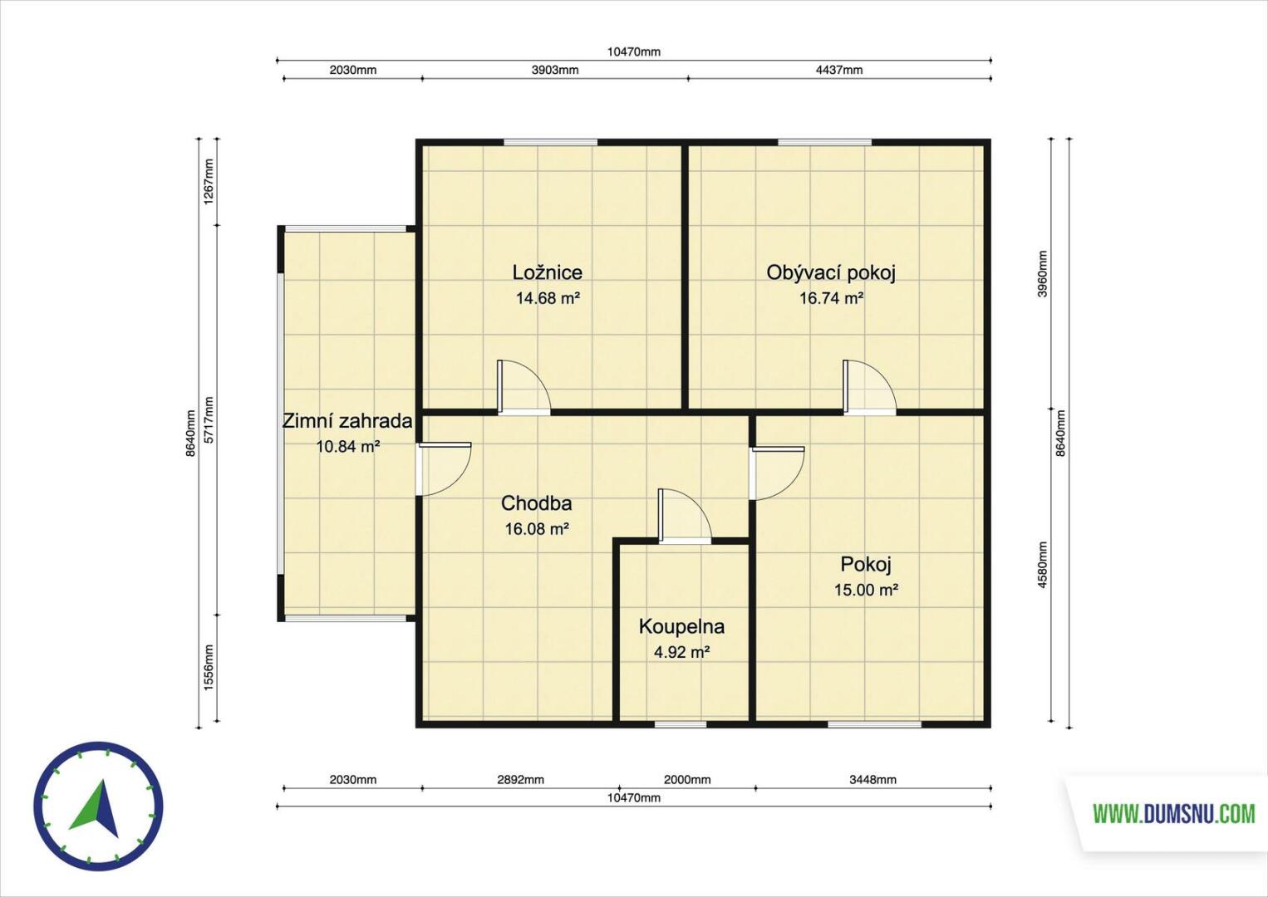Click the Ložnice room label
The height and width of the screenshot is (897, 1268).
(x=548, y=272)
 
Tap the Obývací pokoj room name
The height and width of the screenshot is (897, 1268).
(x=831, y=273)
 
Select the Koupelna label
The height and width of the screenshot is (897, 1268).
(x=681, y=627)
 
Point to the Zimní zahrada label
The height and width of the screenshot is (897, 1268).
(x=347, y=421)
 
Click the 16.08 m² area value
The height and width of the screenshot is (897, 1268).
(x=537, y=528)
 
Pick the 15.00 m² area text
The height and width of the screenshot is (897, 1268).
(x=866, y=590)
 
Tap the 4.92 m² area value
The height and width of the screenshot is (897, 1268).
(x=682, y=653)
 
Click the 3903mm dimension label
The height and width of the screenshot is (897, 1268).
(x=555, y=70)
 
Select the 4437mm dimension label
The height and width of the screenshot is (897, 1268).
(x=839, y=70)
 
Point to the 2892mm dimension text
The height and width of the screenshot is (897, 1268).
(x=520, y=780)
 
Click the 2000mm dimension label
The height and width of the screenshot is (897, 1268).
(x=687, y=780)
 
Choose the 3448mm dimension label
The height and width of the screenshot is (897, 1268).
(x=872, y=780)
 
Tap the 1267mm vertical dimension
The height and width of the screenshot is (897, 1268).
(x=209, y=182)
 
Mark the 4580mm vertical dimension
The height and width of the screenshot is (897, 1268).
(x=1042, y=564)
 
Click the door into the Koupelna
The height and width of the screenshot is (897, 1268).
(x=685, y=516)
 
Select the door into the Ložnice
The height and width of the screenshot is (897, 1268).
(x=523, y=388)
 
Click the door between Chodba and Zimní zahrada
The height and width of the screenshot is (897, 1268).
(x=445, y=469)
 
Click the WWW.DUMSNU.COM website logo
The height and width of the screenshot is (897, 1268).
(x=1174, y=815)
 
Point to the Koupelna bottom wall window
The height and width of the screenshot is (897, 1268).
(x=681, y=723)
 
